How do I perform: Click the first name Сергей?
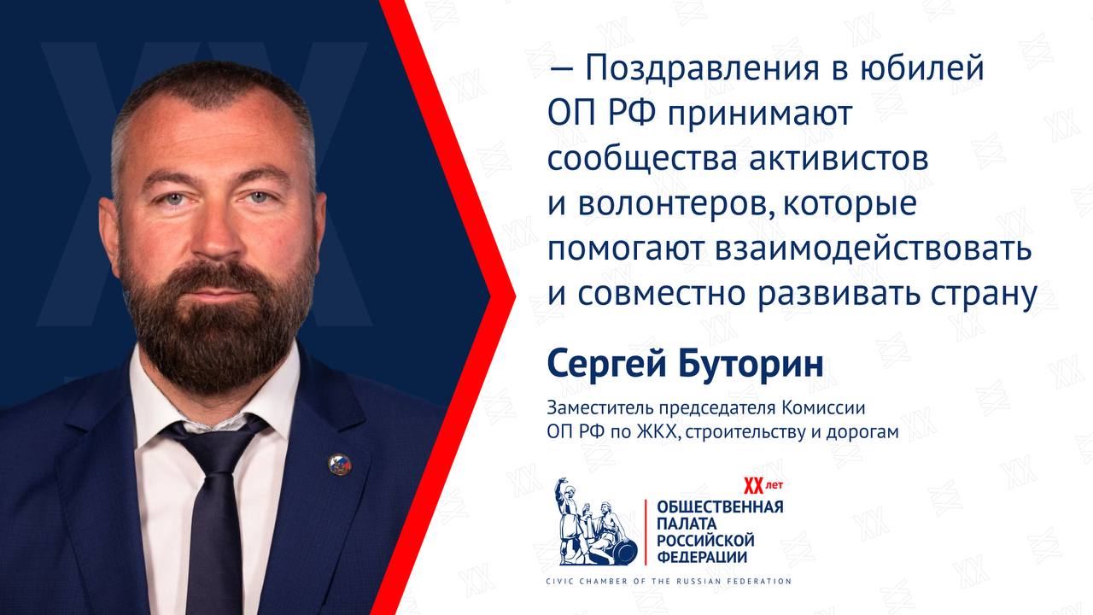pyautogui.click(x=606, y=364)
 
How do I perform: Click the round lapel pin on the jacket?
pyautogui.click(x=339, y=464)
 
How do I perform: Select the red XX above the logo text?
pyautogui.click(x=753, y=486)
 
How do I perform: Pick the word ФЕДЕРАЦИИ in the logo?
pyautogui.click(x=702, y=557)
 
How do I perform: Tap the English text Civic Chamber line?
pyautogui.click(x=669, y=582)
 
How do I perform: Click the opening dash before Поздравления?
pyautogui.click(x=561, y=71)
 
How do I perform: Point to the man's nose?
pyautogui.click(x=215, y=230)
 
